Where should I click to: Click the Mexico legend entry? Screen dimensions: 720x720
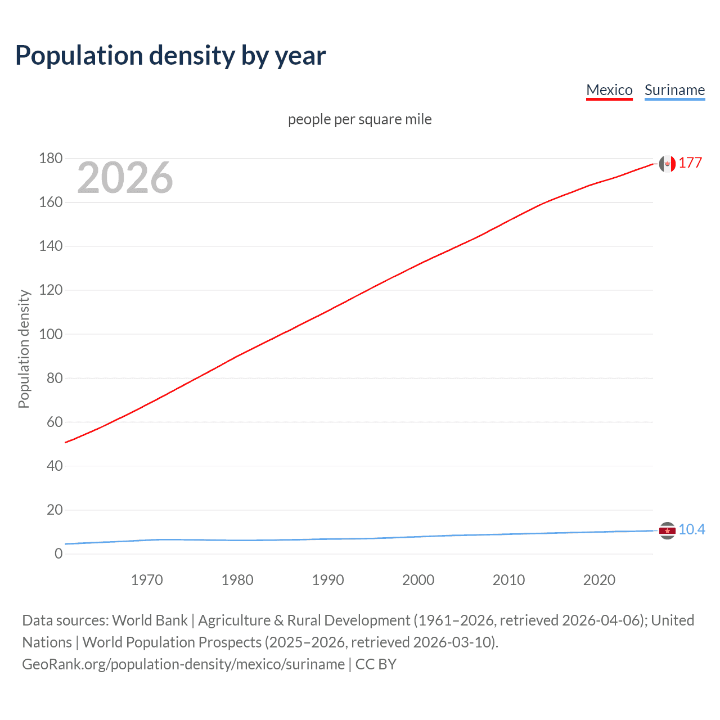[609, 91]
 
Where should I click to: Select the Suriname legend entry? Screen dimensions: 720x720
[674, 91]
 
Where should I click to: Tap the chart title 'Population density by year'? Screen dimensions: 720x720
[170, 56]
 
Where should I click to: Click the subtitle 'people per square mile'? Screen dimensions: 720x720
[359, 120]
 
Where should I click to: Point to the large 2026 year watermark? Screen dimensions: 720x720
[125, 178]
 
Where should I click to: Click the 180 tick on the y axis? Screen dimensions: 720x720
[51, 159]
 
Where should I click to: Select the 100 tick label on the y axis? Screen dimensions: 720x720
[51, 334]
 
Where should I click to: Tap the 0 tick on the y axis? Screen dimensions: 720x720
[58, 554]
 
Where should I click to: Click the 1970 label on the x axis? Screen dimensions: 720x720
[147, 580]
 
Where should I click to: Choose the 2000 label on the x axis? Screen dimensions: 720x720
[418, 580]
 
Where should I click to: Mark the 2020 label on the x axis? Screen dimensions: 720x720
[599, 580]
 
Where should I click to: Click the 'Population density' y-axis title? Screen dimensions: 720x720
[24, 349]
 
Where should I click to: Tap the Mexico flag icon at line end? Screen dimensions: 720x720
[667, 164]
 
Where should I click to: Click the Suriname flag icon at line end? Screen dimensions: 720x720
[667, 530]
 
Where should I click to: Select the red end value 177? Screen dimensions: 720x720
[690, 163]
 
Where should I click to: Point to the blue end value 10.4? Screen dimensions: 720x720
[691, 530]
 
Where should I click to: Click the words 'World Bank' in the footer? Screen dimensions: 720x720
[150, 620]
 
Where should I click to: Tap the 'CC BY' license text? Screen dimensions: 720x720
[376, 664]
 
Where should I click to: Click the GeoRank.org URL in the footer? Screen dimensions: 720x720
[183, 664]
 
